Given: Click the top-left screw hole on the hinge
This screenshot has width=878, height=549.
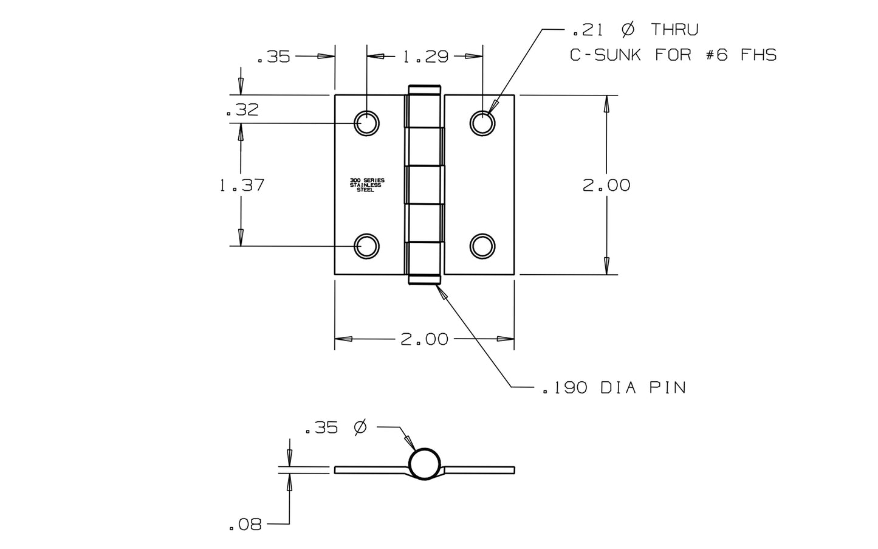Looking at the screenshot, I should pyautogui.click(x=366, y=123).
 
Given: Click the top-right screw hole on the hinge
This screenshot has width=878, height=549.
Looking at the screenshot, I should pyautogui.click(x=482, y=123).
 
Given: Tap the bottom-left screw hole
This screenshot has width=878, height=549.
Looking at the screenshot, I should pyautogui.click(x=366, y=246).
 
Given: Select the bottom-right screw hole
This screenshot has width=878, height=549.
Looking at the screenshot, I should pyautogui.click(x=482, y=246).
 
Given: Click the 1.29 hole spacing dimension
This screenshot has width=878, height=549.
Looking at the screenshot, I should pyautogui.click(x=425, y=57).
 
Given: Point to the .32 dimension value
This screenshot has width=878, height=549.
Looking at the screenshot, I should pyautogui.click(x=242, y=111).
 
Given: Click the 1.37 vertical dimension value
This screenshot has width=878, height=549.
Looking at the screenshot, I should pyautogui.click(x=242, y=185).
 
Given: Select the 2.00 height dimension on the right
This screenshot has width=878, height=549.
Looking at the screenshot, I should pyautogui.click(x=606, y=185).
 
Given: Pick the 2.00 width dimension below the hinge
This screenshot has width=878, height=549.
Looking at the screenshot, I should pyautogui.click(x=424, y=339).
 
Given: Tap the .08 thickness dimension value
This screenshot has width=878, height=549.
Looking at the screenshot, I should pyautogui.click(x=245, y=525).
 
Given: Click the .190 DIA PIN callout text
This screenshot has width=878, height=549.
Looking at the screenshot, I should pyautogui.click(x=614, y=387).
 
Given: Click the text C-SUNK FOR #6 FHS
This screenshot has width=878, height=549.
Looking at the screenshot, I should pyautogui.click(x=673, y=55).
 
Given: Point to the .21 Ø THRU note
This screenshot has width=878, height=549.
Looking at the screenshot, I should pyautogui.click(x=635, y=29).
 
